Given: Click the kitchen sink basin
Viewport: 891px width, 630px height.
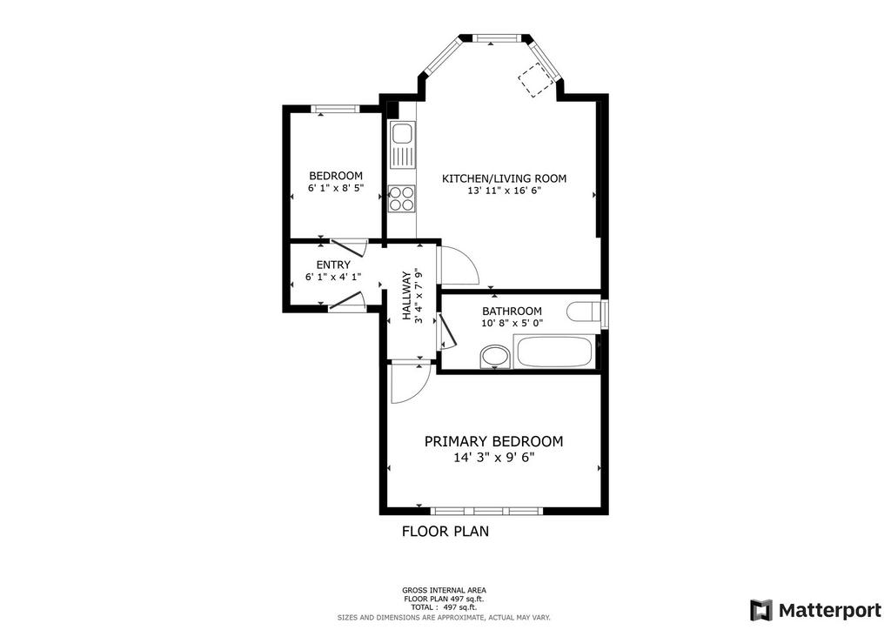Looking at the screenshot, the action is tap(402, 134).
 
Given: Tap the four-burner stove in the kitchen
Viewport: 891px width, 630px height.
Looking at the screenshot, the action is tap(402, 198).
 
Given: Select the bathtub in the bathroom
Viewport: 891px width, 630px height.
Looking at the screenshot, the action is tap(554, 352).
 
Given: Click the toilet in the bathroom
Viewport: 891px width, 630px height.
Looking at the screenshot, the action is tap(584, 312).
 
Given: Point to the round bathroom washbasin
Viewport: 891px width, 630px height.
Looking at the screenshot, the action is tap(495, 357).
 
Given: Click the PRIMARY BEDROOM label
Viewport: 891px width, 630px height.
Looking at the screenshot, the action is tap(494, 441).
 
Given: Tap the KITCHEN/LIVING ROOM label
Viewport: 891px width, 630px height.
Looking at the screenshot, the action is tap(504, 178).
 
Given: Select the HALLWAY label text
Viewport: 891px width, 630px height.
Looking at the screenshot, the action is tap(407, 295).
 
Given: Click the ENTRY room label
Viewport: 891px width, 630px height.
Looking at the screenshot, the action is tap(333, 265).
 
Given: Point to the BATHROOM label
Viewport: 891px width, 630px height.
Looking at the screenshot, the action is tap(512, 312).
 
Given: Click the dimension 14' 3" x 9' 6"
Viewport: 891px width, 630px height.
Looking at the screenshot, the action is tap(494, 458).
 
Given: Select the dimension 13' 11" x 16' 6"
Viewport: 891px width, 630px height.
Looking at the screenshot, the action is tap(504, 191).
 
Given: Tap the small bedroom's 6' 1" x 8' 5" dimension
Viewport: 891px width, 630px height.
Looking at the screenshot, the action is tap(336, 188).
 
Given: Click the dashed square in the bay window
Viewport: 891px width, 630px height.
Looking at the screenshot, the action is tap(535, 80).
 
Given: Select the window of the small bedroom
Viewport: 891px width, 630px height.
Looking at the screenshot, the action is tap(335, 109).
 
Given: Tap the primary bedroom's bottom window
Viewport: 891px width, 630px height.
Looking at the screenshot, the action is tap(486, 511).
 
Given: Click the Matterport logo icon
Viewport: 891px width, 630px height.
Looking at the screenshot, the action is tap(760, 610).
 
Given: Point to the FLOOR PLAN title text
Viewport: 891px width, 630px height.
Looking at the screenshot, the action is tap(445, 532).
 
